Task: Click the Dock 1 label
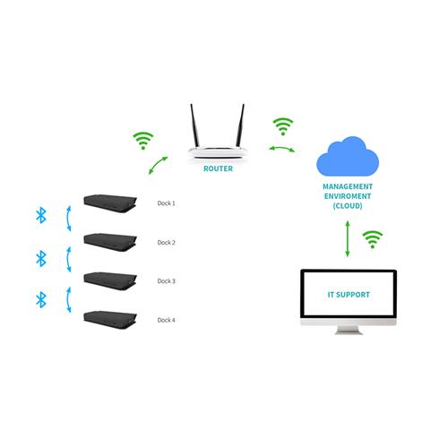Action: [167, 203]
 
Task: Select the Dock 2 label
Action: [167, 242]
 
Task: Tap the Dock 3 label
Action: [167, 281]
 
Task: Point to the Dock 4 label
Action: [167, 320]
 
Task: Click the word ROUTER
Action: [219, 168]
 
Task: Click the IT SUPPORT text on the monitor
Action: [348, 294]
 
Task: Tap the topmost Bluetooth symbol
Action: [39, 215]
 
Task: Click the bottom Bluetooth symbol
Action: [39, 298]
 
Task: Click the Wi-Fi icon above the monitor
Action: [372, 238]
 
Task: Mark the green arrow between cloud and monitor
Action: [348, 238]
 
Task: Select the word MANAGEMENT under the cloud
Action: [348, 186]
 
